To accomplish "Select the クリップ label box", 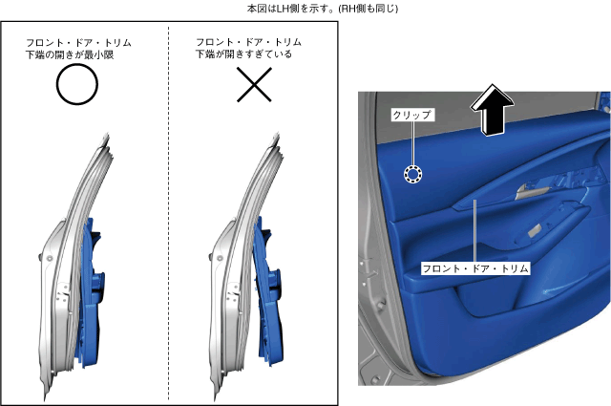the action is (x=411, y=116).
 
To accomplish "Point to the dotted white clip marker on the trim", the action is (x=412, y=174).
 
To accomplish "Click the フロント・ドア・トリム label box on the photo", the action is (x=475, y=269).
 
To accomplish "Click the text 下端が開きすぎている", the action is (x=243, y=54).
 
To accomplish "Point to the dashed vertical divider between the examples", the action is (x=168, y=239).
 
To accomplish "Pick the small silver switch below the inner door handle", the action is (x=539, y=232).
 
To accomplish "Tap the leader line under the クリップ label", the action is (x=412, y=143).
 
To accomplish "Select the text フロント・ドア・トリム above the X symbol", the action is (x=248, y=43).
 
